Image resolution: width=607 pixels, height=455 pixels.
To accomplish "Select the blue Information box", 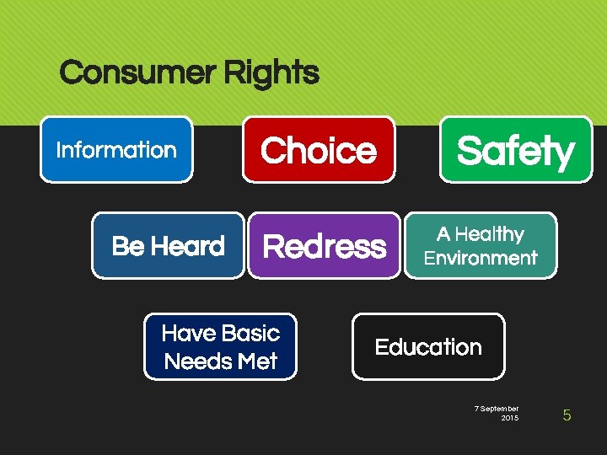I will (x=116, y=150).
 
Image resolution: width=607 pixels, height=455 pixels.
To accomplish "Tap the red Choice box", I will (x=319, y=150).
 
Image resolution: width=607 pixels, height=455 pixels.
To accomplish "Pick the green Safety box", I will (x=515, y=150).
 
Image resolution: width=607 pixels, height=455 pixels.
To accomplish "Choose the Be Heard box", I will (x=168, y=246).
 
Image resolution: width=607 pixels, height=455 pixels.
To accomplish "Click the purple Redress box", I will (x=324, y=246).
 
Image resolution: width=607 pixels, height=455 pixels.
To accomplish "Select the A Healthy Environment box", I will (x=481, y=246).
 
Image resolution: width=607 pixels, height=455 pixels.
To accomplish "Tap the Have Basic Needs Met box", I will (x=221, y=347).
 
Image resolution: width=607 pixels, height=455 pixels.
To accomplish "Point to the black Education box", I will (x=428, y=347).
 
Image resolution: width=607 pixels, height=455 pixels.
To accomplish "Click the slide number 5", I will (x=567, y=415).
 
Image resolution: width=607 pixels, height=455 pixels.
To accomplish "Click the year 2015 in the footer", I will (x=510, y=418).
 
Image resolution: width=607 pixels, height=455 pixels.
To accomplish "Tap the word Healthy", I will (x=492, y=234).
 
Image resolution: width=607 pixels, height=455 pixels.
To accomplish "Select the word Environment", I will (x=481, y=258).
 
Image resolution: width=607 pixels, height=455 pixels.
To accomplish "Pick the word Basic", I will (x=250, y=334).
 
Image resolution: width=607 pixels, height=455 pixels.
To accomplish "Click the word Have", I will (x=189, y=334).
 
